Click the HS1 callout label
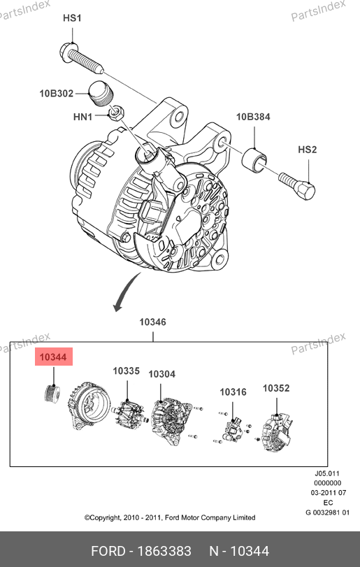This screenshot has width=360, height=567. pyautogui.click(x=72, y=18)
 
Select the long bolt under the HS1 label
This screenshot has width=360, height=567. pyautogui.click(x=81, y=59)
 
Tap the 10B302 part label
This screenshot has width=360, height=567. pyautogui.click(x=57, y=93)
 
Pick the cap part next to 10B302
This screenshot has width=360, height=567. pyautogui.click(x=101, y=93)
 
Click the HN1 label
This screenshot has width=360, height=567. pyautogui.click(x=82, y=117)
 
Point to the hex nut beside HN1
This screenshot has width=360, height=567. pyautogui.click(x=116, y=113)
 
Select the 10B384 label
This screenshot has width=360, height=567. pyautogui.click(x=253, y=117)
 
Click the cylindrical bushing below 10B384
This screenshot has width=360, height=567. pyautogui.click(x=254, y=160)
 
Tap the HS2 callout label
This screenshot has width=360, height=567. pyautogui.click(x=308, y=150)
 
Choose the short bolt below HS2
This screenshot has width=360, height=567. pyautogui.click(x=297, y=185)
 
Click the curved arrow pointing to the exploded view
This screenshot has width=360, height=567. pyautogui.click(x=126, y=292)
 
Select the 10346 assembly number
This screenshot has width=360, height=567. pyautogui.click(x=153, y=322)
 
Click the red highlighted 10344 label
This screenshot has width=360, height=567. pyautogui.click(x=54, y=357)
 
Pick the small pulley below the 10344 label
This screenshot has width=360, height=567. pyautogui.click(x=52, y=394)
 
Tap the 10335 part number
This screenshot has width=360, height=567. pyautogui.click(x=126, y=371)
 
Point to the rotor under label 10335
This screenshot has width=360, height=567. pyautogui.click(x=129, y=415)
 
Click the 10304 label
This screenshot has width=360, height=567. pyautogui.click(x=162, y=374)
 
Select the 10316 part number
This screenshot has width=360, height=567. pyautogui.click(x=233, y=392)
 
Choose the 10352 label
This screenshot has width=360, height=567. pyautogui.click(x=276, y=388)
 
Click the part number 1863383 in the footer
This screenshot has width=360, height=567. pyautogui.click(x=165, y=551)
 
